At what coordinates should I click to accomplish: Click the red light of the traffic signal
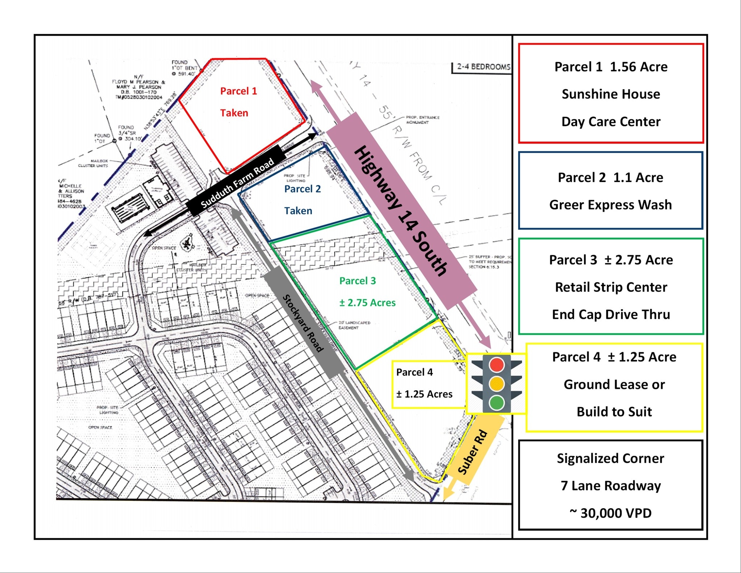pos(496,365)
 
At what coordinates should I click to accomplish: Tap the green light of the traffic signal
pos(496,402)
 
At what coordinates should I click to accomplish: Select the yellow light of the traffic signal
pos(496,383)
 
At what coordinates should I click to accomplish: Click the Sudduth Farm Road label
pos(237,183)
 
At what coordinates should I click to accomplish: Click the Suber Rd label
pos(473,452)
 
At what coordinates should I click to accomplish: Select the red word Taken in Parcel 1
pos(234,113)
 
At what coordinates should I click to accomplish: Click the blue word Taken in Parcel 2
pos(298,211)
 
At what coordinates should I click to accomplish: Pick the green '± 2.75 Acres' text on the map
pos(367,303)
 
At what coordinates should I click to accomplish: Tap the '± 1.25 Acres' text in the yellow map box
pos(424,394)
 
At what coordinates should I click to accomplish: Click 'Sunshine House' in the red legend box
pos(611,94)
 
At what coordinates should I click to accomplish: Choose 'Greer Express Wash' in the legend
pos(610,205)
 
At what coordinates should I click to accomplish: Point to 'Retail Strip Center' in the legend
pos(611,287)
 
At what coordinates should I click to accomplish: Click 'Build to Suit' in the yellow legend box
pos(614,412)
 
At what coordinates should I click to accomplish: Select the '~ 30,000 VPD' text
pos(610,513)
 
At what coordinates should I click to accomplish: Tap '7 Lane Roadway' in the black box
pos(610,485)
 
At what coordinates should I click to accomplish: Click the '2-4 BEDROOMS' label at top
pos(483,67)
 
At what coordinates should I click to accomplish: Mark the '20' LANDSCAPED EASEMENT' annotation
pos(354,325)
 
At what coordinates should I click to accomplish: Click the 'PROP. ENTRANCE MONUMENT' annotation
pos(422,120)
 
